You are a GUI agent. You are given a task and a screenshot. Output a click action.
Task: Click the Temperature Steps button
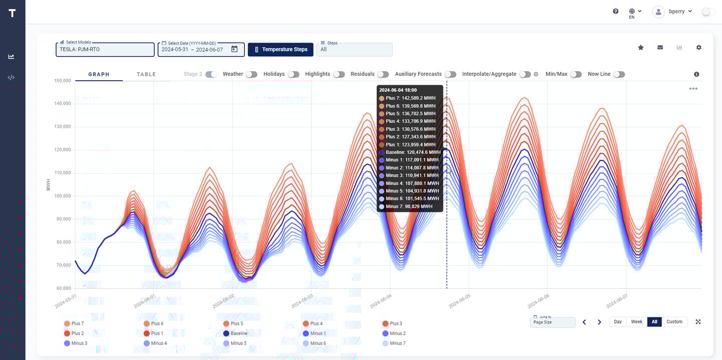click(281, 50)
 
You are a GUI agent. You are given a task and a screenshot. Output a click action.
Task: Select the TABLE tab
click(146, 75)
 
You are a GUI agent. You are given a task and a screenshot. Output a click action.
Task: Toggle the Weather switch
click(251, 74)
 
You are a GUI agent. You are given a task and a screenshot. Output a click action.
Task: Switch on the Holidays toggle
click(293, 74)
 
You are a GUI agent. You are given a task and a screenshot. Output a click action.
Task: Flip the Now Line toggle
click(619, 74)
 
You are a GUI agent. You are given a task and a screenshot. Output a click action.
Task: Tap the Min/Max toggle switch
click(576, 74)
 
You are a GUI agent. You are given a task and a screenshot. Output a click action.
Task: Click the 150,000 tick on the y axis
click(62, 81)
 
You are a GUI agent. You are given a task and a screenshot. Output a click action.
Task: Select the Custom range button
click(674, 322)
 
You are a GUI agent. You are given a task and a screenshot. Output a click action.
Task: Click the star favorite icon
click(641, 48)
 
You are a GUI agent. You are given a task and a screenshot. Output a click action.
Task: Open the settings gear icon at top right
click(699, 48)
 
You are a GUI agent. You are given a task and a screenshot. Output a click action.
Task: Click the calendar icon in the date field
click(234, 49)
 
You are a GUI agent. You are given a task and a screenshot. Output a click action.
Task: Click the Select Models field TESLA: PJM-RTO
click(105, 50)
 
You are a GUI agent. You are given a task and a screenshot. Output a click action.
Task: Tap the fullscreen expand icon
click(698, 322)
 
